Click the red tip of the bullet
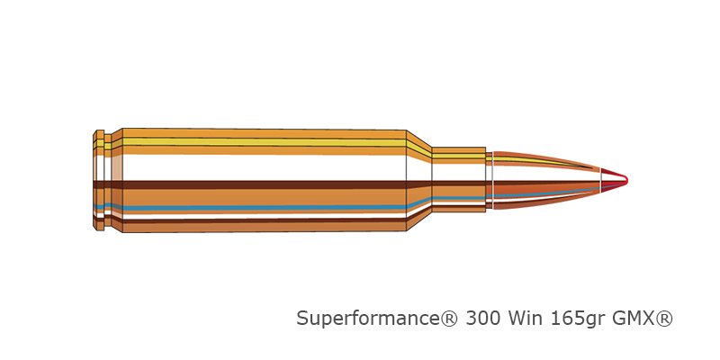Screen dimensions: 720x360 (613, 179)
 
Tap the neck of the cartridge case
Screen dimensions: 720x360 (459, 180)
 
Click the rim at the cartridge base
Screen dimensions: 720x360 (98, 180)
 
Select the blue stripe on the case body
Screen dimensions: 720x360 (264, 208)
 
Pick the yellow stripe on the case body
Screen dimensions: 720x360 (264, 142)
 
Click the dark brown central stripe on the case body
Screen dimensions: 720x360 (264, 184)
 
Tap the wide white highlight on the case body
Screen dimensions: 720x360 (264, 167)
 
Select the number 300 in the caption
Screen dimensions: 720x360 (482, 319)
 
